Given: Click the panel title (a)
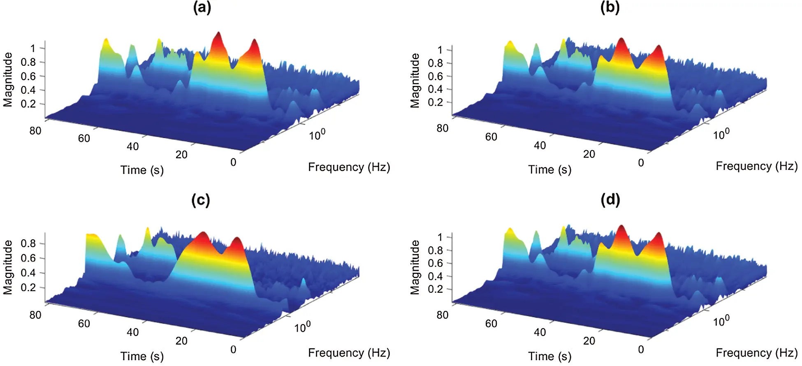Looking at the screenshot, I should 202,8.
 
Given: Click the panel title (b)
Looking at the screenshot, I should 610,8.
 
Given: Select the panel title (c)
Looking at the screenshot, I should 201,200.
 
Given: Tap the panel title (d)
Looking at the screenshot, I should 610,200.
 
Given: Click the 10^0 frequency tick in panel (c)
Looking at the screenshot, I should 303,327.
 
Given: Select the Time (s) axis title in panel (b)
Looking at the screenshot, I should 549,169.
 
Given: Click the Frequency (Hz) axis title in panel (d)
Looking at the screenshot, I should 756,353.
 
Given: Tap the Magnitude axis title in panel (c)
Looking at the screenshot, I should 8,267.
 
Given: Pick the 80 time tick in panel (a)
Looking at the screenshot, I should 35,131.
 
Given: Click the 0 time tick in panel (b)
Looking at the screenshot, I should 641,163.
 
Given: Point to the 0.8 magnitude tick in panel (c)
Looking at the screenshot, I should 28,243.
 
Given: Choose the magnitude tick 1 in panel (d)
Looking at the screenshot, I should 440,237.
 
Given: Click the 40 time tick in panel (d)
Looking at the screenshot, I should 540,332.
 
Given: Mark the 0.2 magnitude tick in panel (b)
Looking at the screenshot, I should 435,102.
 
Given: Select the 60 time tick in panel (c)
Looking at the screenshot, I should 84,324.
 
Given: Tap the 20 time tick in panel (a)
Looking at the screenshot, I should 181,155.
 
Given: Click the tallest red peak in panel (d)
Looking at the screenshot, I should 621,228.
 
